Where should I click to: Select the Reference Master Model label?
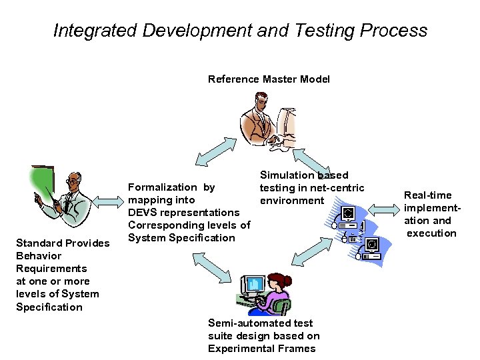(269, 79)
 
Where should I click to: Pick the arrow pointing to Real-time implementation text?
(382, 211)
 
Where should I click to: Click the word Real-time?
(427, 195)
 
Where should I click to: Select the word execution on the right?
(431, 233)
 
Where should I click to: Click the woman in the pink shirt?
(276, 294)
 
